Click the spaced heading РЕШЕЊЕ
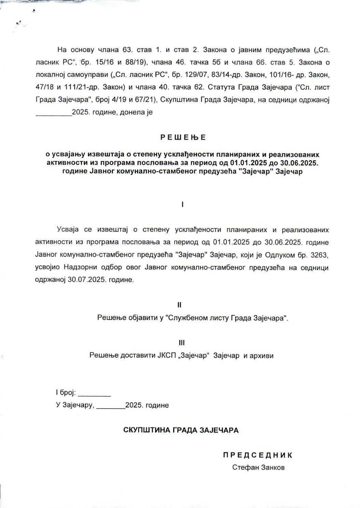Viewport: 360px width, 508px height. coord(183,137)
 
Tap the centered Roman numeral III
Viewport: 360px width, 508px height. coord(182,343)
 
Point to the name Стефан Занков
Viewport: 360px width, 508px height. coord(258,467)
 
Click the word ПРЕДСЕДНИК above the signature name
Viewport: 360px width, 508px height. coord(258,455)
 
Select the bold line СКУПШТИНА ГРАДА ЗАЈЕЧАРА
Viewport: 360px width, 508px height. coord(181,430)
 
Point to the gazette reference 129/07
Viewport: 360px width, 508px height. coord(193,75)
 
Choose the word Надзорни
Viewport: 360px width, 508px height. coord(75,267)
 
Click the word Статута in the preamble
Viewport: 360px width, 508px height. coord(219,87)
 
